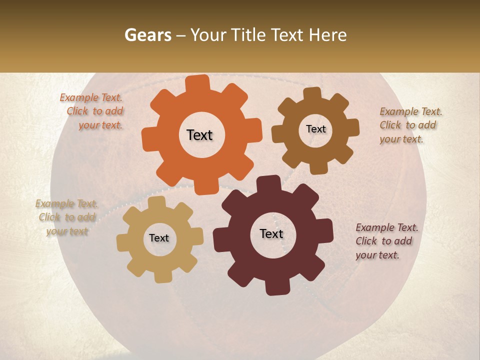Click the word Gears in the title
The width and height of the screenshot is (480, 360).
point(146,35)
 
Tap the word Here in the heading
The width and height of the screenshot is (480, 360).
point(328,35)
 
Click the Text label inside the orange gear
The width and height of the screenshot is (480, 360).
point(199,135)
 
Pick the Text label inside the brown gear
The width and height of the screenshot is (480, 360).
point(315,129)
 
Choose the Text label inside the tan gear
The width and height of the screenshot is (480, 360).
point(159,238)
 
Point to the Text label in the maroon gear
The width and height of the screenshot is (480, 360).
point(271,233)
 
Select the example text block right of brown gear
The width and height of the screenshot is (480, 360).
point(410,125)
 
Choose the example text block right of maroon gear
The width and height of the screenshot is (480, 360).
point(386,241)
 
